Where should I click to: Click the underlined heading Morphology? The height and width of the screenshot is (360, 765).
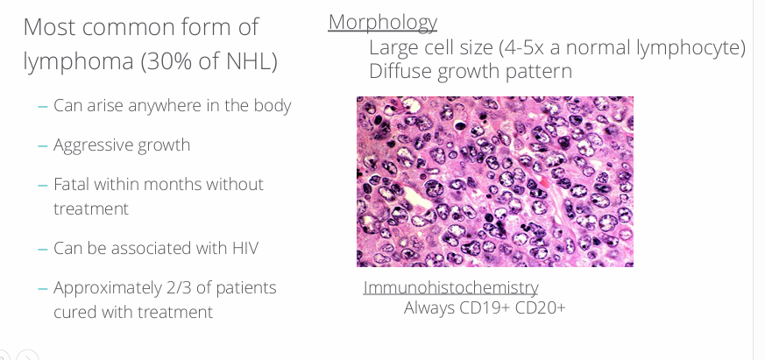tap(382, 22)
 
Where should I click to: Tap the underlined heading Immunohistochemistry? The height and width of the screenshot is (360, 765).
tap(450, 287)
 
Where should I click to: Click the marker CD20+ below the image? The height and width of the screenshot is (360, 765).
tap(541, 307)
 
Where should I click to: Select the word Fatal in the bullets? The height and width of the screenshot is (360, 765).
tap(71, 184)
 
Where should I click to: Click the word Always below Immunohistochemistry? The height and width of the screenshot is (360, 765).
tap(429, 307)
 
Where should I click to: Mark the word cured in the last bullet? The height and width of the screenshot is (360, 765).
tap(74, 312)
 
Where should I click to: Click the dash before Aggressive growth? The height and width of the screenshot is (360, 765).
tap(42, 145)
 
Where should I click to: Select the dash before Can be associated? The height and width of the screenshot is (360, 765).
tap(42, 249)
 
